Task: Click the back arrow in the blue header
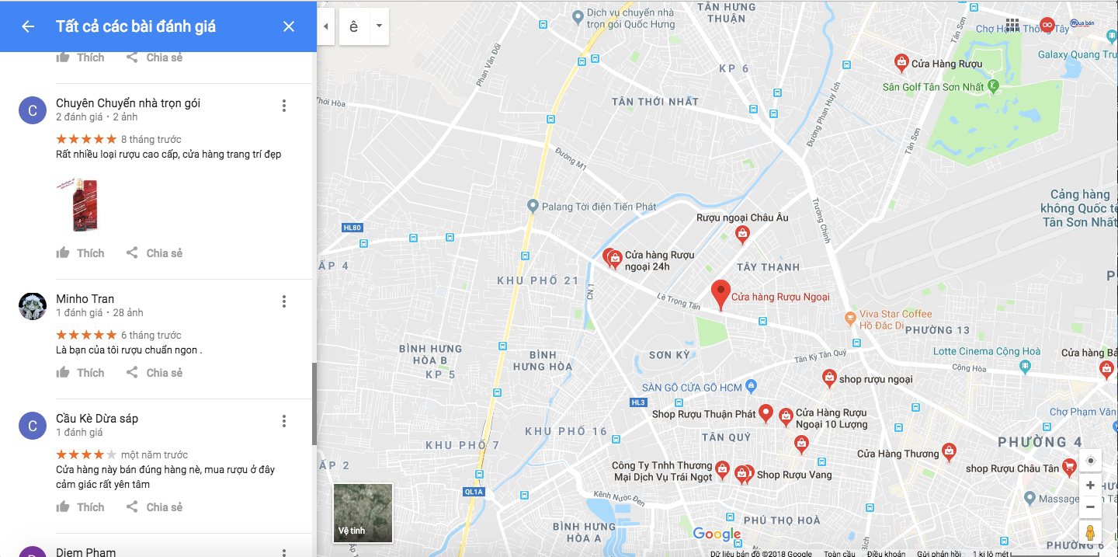28,26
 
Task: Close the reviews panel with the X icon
289,26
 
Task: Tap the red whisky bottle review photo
78,204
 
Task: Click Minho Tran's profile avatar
33,306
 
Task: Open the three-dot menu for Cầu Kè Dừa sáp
284,421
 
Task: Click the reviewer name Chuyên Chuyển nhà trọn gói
128,103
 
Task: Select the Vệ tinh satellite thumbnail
363,513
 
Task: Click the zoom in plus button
1090,486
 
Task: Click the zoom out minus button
1090,507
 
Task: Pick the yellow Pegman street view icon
1090,533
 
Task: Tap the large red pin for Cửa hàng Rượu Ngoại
720,294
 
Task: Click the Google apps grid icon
1012,25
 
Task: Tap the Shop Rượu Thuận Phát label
703,414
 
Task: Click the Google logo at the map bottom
717,534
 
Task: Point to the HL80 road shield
352,228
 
